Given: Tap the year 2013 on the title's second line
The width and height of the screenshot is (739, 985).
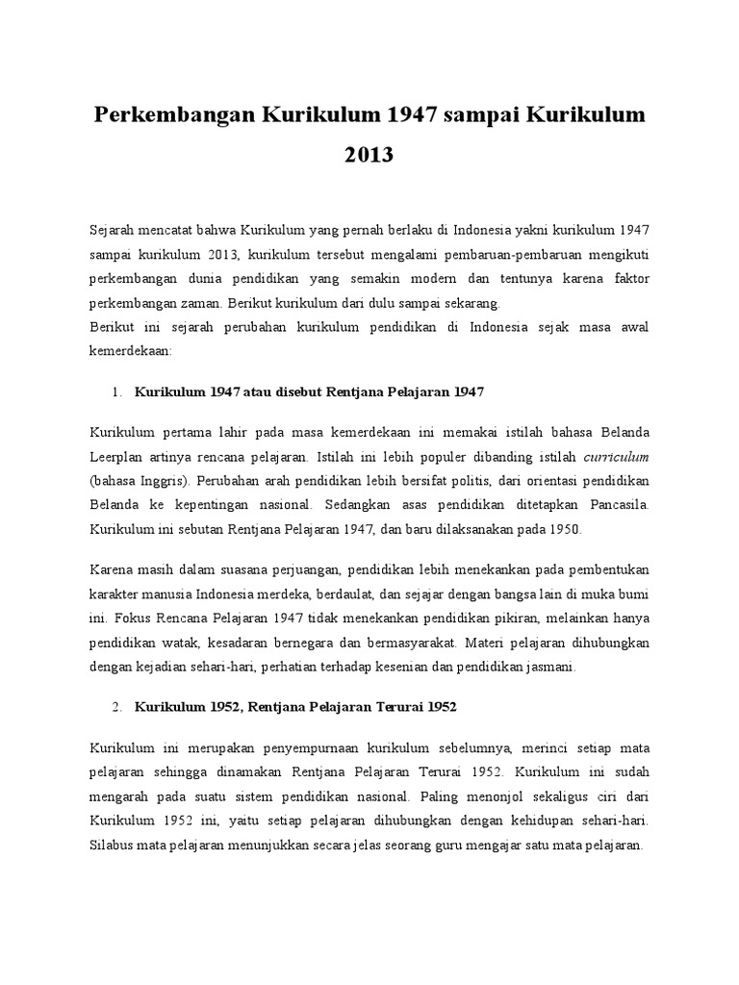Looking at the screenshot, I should point(369,154).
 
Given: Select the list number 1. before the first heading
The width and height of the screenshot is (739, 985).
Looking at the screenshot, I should point(116,391).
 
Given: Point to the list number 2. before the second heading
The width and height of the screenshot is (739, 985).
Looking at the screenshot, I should point(116,707).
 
